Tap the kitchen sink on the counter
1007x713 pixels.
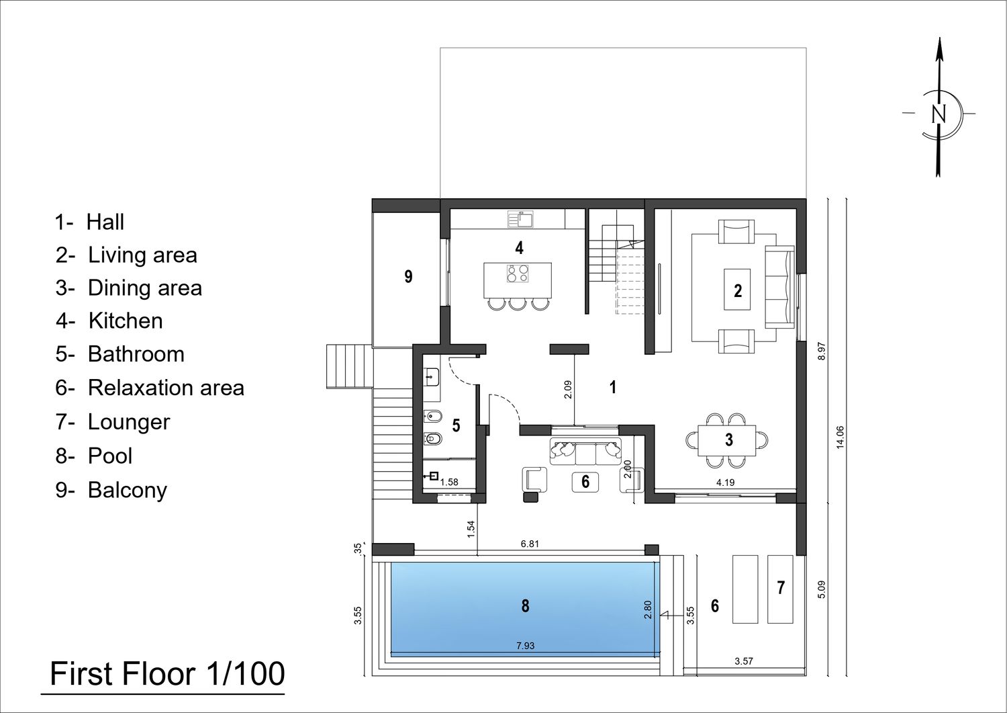pos(520,219)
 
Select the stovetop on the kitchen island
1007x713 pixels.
pos(518,274)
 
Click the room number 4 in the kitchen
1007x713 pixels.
pos(519,247)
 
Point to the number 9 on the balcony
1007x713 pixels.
pos(408,276)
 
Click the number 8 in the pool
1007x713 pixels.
pos(525,606)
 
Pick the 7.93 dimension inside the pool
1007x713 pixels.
pos(525,646)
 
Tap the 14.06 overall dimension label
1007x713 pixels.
pos(840,437)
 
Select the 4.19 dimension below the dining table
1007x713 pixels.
pos(725,483)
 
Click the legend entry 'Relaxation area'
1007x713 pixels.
pos(150,388)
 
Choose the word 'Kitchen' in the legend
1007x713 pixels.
pos(126,321)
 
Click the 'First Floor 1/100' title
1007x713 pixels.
pos(167,674)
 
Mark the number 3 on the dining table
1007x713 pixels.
pos(728,439)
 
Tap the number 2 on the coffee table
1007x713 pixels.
pos(738,291)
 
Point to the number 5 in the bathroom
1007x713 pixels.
pos(456,425)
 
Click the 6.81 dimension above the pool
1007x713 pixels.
pos(530,544)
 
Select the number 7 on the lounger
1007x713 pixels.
pos(781,587)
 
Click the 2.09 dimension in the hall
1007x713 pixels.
pos(568,389)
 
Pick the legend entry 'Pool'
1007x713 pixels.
pos(93,456)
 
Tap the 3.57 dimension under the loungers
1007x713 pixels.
pos(744,661)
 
